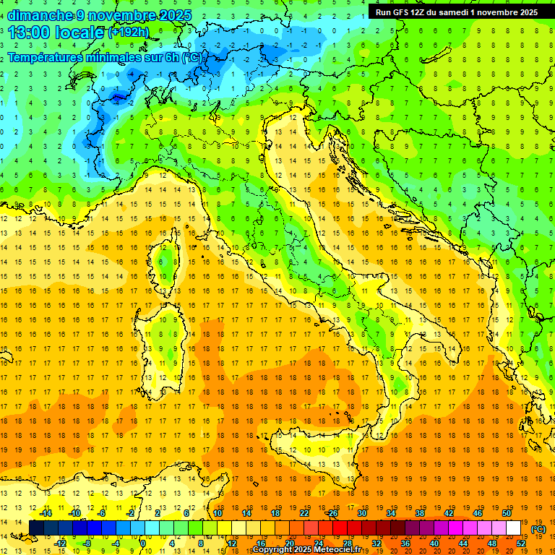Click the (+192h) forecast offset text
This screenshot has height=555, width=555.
pyautogui.click(x=128, y=33)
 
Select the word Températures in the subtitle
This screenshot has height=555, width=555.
pyautogui.click(x=46, y=57)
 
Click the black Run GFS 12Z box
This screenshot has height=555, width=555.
pyautogui.click(x=457, y=12)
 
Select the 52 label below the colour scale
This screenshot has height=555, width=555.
pyautogui.click(x=521, y=543)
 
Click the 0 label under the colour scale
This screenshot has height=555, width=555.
pyautogui.click(x=143, y=543)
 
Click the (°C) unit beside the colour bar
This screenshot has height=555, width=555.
pyautogui.click(x=538, y=529)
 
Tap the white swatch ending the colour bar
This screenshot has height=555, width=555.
pyautogui.click(x=514, y=528)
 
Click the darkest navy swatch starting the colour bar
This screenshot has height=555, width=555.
pyautogui.click(x=36, y=528)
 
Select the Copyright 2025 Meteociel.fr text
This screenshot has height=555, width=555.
pyautogui.click(x=317, y=550)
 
